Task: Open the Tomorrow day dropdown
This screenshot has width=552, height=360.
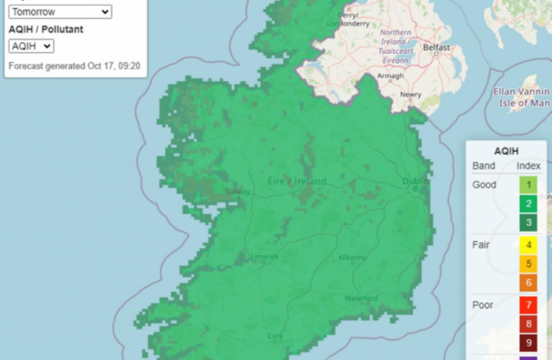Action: click(59, 12)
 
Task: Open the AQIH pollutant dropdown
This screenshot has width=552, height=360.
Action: click(32, 46)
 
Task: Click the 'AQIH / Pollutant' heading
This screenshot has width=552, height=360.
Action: click(45, 29)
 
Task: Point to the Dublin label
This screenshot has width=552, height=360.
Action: click(416, 182)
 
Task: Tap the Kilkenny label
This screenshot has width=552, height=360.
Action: click(352, 257)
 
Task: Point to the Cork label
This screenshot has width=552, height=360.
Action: click(275, 336)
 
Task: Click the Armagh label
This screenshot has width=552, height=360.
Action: click(390, 76)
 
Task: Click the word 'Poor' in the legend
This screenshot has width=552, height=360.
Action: click(484, 305)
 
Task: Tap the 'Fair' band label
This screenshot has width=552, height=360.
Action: click(482, 244)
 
